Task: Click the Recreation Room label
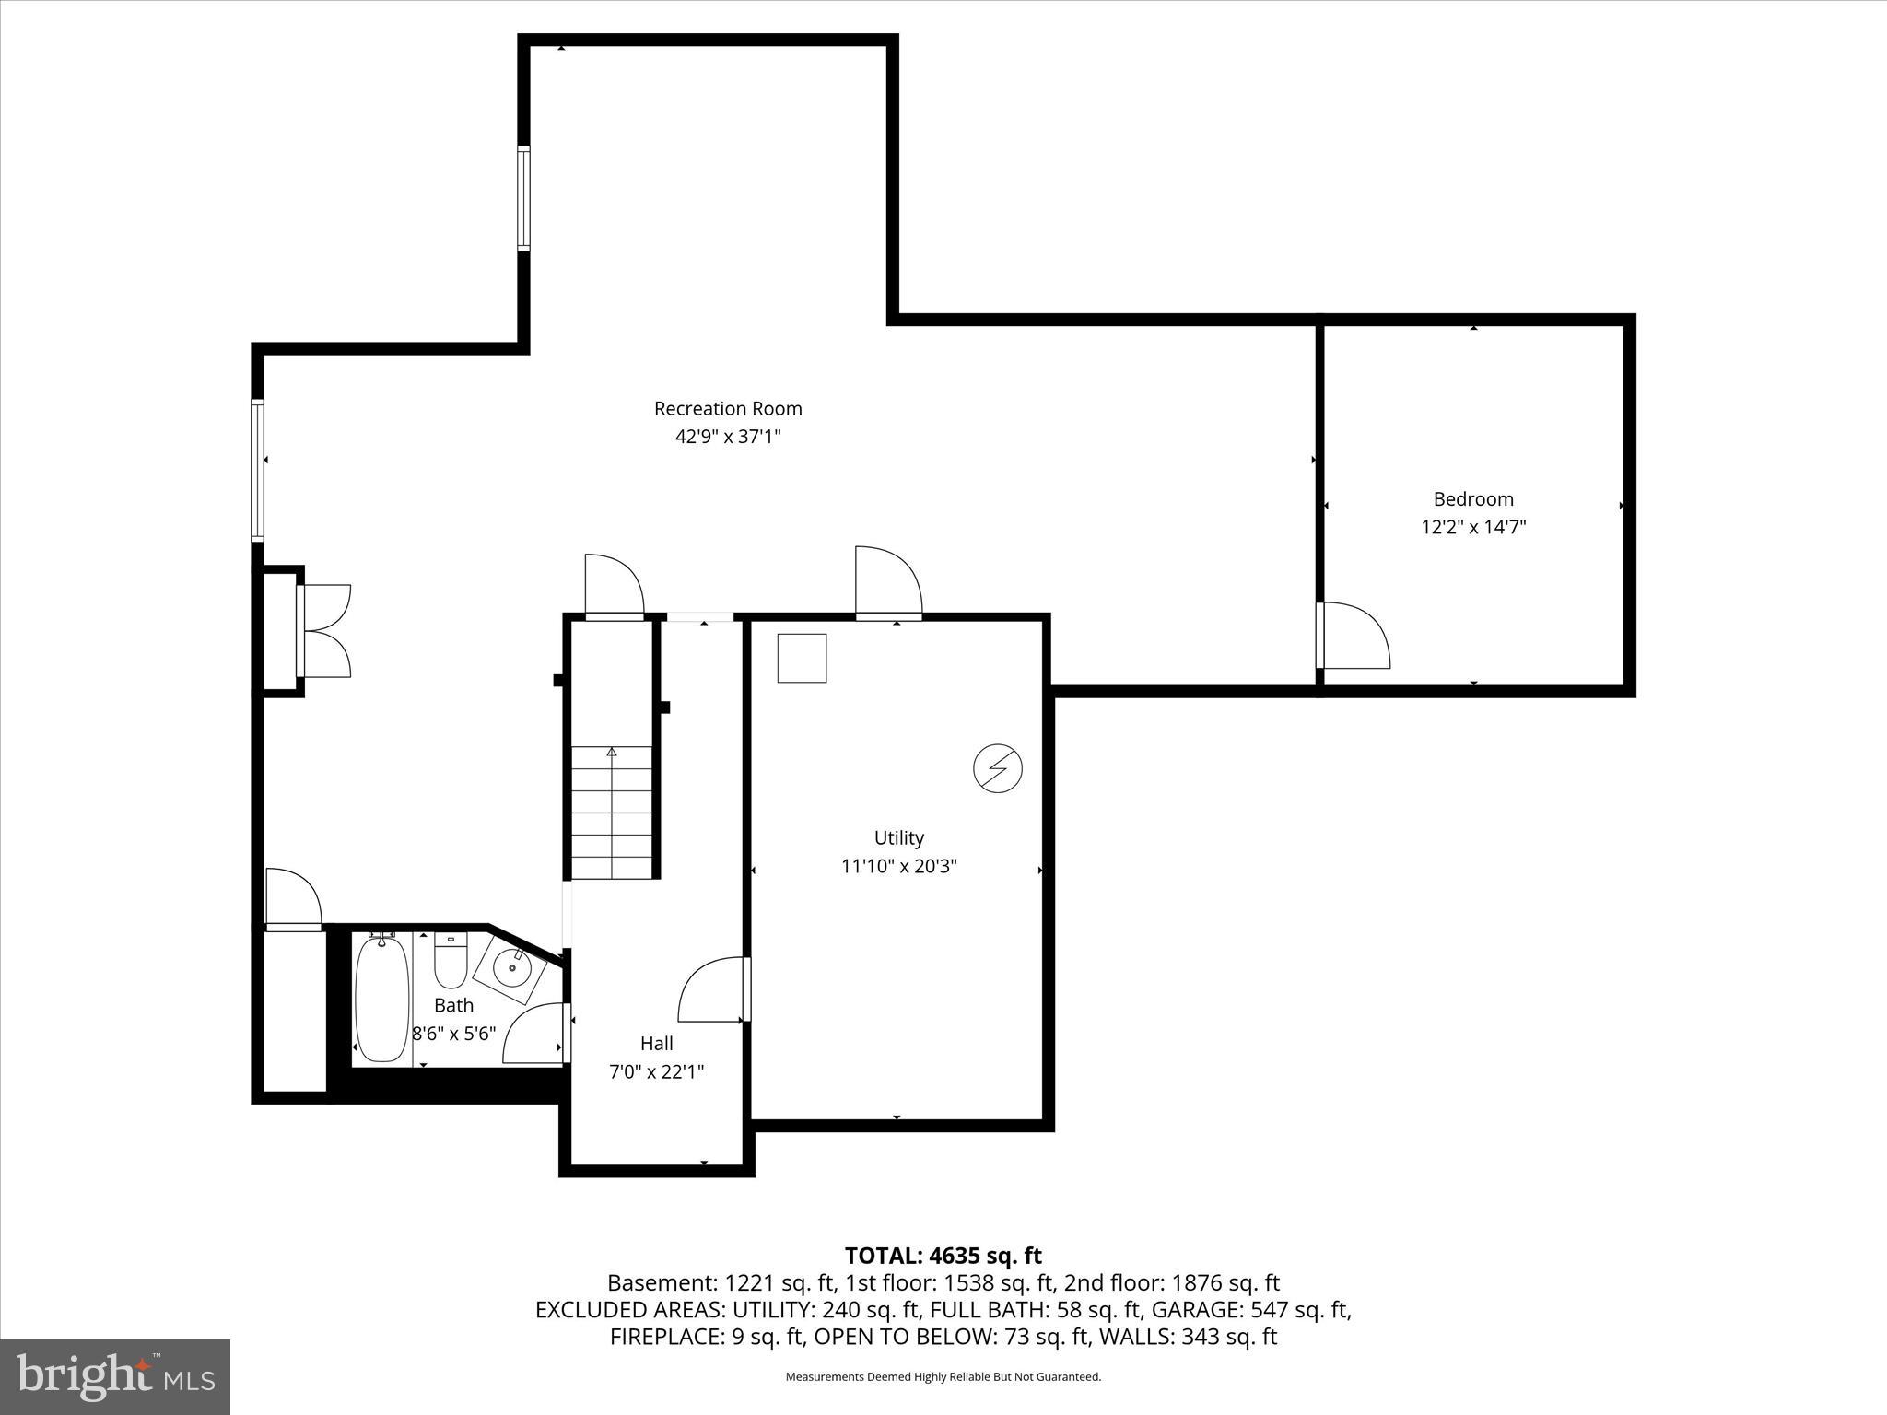[728, 408]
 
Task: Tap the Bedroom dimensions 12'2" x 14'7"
[1473, 528]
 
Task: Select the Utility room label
[898, 837]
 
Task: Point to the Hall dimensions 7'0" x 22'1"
[656, 1072]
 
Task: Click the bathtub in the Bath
[381, 999]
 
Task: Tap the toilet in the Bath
[451, 963]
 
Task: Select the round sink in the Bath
[511, 968]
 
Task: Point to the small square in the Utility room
[802, 658]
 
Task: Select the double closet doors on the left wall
[325, 632]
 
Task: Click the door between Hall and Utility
[711, 990]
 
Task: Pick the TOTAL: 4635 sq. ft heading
[943, 1256]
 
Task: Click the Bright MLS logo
[115, 1376]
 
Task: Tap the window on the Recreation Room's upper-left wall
[524, 198]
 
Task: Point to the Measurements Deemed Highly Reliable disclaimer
[943, 1377]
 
